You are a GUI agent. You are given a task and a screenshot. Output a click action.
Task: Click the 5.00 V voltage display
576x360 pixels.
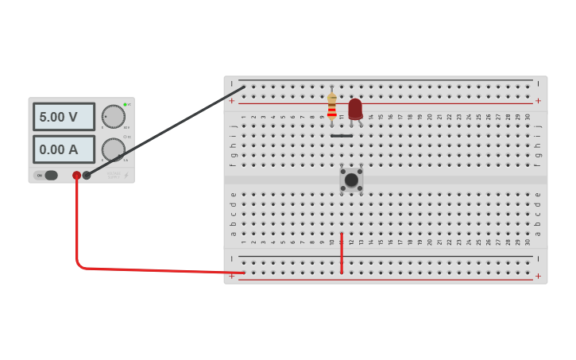(x=64, y=117)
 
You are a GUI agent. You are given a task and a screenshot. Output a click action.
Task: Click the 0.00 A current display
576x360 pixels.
(x=64, y=149)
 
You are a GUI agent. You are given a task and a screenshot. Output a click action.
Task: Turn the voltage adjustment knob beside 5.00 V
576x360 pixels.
(x=114, y=117)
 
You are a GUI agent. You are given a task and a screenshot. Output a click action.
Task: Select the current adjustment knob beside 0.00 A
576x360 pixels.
(x=114, y=149)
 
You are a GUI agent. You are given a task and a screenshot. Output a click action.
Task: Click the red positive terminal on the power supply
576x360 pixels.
(x=76, y=176)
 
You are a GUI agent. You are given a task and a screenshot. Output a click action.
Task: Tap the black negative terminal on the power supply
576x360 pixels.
(x=87, y=176)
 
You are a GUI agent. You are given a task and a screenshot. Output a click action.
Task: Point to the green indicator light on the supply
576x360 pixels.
(x=125, y=104)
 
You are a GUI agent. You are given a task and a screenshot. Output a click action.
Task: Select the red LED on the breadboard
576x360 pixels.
(x=354, y=109)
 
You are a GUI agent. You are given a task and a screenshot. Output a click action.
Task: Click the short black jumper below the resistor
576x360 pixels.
(x=342, y=136)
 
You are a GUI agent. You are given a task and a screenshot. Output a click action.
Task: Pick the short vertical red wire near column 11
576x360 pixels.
(x=342, y=253)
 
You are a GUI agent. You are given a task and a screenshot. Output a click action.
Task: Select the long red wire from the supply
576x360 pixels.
(x=143, y=269)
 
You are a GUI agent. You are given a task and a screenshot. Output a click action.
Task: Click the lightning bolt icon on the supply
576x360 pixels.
(x=126, y=176)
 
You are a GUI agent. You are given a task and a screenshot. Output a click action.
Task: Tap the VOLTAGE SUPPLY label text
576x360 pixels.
(x=114, y=175)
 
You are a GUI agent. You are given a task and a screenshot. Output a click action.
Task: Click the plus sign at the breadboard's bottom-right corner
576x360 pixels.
(x=538, y=276)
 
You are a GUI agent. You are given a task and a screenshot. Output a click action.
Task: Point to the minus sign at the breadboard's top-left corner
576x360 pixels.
(x=232, y=83)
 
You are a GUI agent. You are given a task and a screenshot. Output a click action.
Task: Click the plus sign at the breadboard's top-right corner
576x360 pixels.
(x=538, y=101)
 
